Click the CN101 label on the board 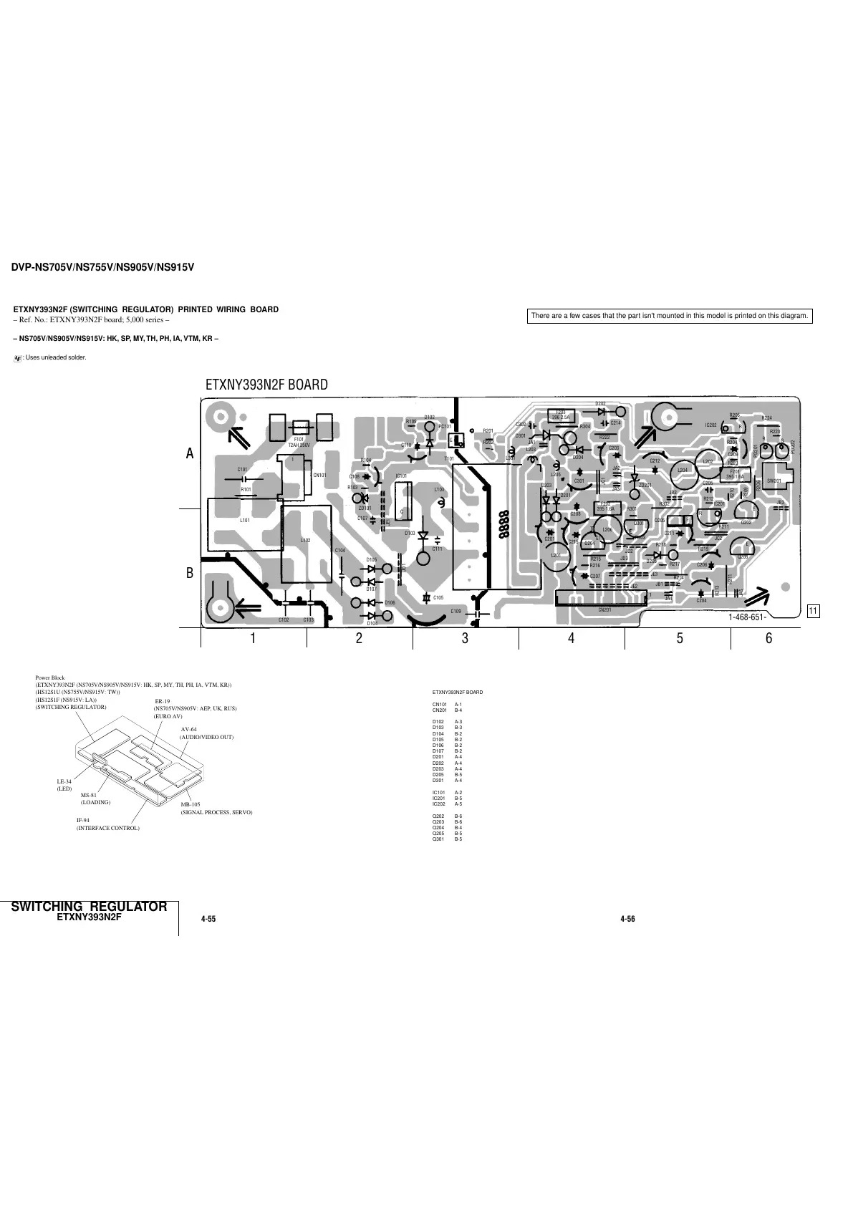tap(319, 475)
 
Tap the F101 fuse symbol tap(301, 425)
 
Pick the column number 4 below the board tap(571, 638)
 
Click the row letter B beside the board tap(190, 573)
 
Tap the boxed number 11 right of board tap(812, 611)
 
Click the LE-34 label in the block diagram tap(64, 781)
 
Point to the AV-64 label tap(189, 729)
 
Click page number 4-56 tap(627, 919)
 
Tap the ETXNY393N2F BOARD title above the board tap(266, 385)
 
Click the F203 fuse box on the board tap(561, 415)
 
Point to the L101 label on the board tap(245, 521)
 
